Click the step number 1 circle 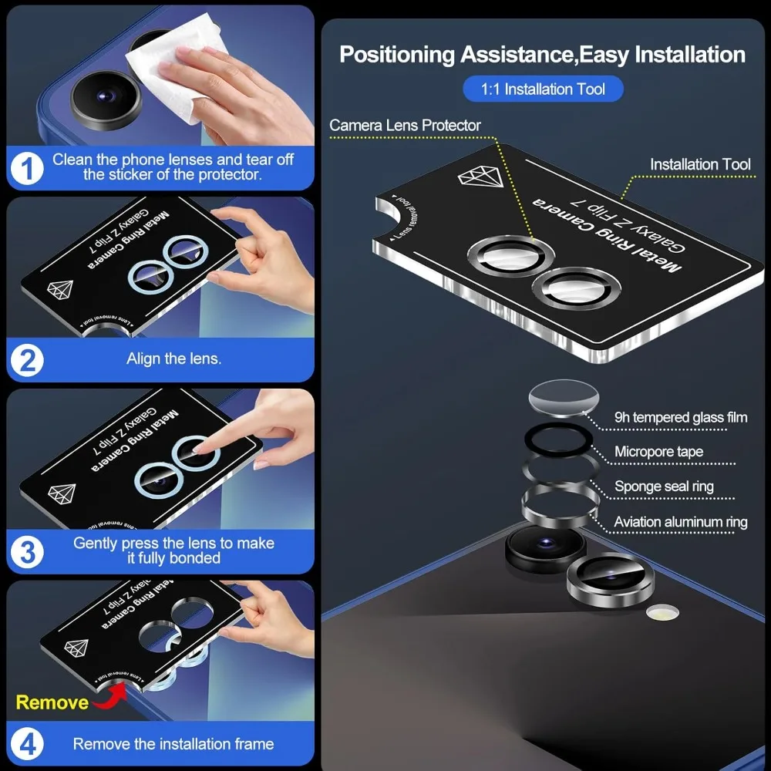pos(28,168)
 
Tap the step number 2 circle pos(28,360)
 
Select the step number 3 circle pos(28,552)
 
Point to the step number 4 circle pos(28,745)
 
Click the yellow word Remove pos(52,702)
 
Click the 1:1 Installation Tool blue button pos(543,89)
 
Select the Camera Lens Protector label pos(405,125)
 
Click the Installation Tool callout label pos(699,164)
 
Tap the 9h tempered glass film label pos(681,417)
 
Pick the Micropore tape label pos(658,452)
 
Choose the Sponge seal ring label pos(664,487)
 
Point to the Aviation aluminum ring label pos(681,522)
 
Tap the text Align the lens pos(173,359)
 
